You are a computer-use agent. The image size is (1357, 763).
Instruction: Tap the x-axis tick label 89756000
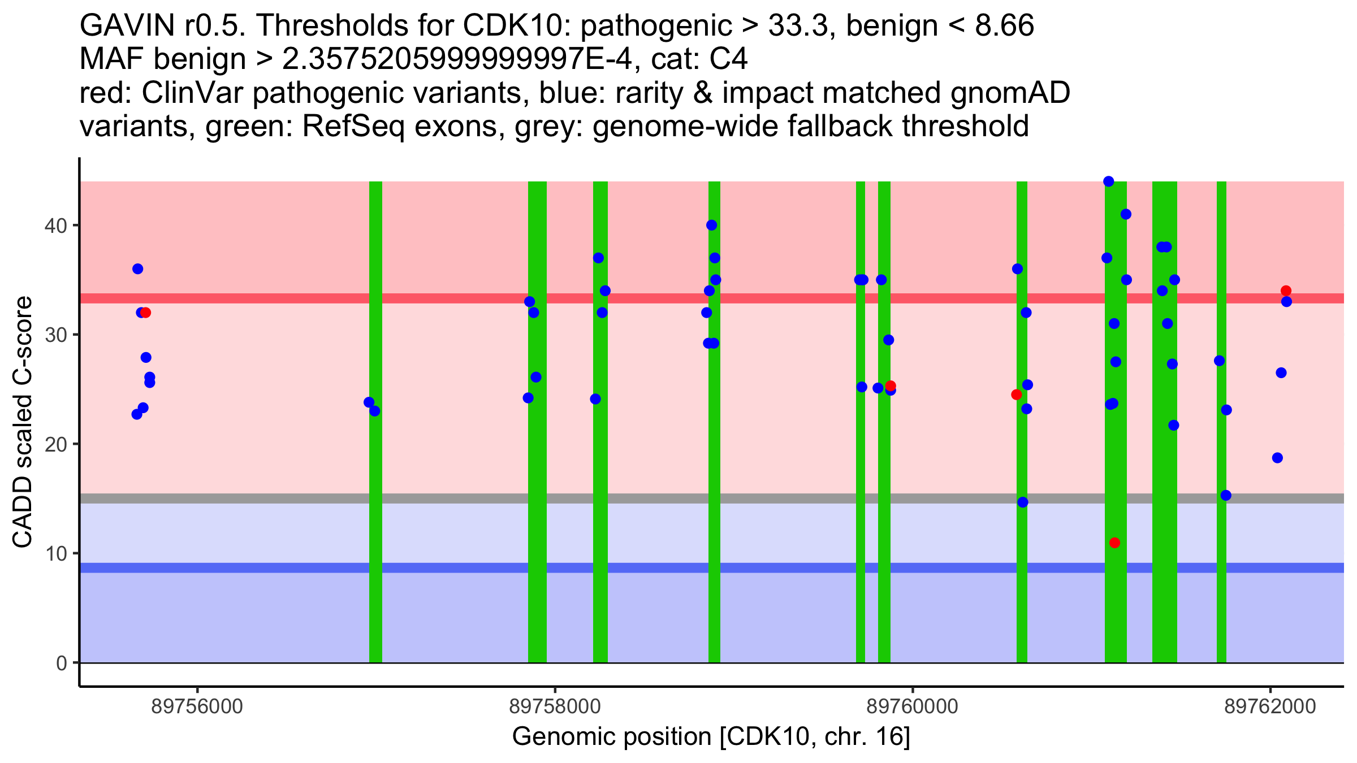pyautogui.click(x=197, y=706)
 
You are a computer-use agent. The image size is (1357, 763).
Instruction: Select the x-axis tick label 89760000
pyautogui.click(x=913, y=706)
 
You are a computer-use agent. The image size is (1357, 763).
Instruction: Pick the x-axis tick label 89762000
pyautogui.click(x=1270, y=706)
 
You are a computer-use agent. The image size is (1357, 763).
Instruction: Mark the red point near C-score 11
pyautogui.click(x=1114, y=543)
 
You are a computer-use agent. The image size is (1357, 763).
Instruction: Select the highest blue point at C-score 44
pyautogui.click(x=1109, y=181)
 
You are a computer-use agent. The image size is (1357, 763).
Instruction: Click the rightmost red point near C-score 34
pyautogui.click(x=1286, y=291)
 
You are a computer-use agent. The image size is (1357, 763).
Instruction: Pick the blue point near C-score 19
pyautogui.click(x=1277, y=458)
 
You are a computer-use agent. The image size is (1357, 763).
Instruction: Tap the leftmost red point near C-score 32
pyautogui.click(x=145, y=313)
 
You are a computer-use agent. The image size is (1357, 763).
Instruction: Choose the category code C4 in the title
pyautogui.click(x=729, y=59)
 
